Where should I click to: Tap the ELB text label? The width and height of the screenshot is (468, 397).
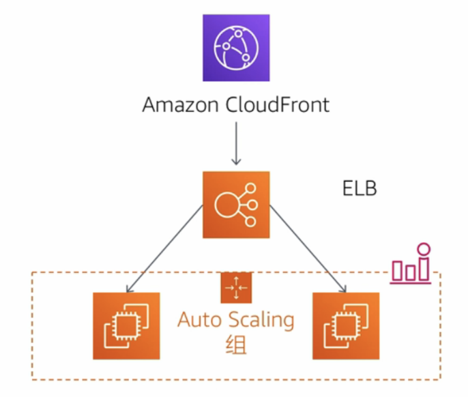point(360,188)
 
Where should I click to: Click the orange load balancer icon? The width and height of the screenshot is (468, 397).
point(236,205)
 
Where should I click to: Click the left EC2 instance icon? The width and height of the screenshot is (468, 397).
point(126,325)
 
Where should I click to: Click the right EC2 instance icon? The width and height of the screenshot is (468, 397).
point(346,325)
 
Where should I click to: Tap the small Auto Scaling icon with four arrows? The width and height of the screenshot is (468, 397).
point(236,287)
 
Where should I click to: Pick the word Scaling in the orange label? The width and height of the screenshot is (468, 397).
point(261,319)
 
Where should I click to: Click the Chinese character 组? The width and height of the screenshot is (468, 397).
point(235,344)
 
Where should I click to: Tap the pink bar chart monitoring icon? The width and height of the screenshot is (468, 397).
point(411,266)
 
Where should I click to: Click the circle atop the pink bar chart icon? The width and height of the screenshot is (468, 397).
point(424,249)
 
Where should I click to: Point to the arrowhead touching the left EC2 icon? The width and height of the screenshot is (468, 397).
point(130,288)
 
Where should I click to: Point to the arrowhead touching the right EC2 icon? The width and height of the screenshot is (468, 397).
point(342,288)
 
